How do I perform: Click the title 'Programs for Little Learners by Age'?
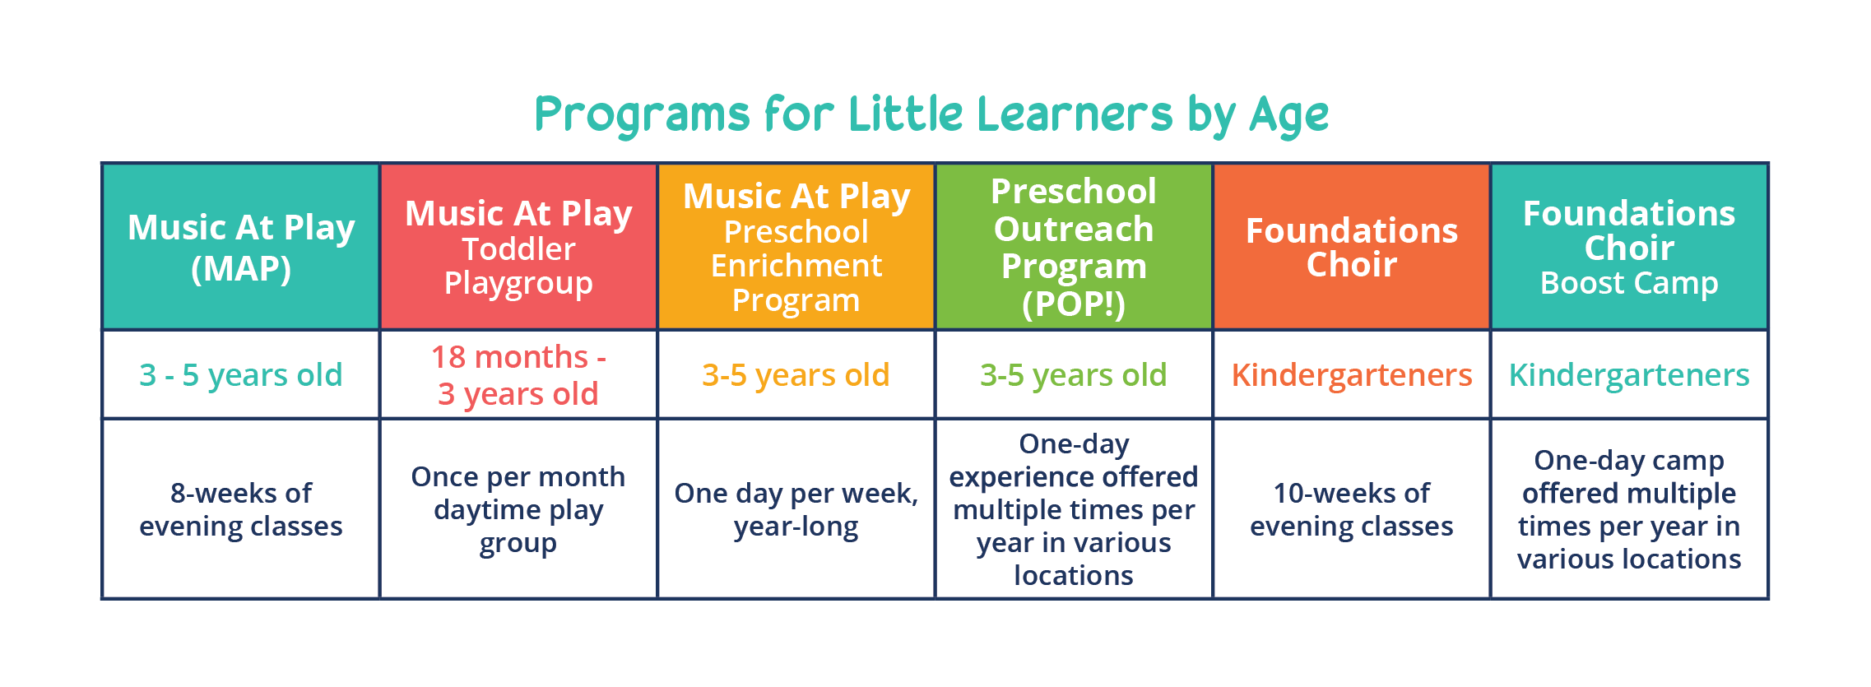931,115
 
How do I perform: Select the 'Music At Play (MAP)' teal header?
241,247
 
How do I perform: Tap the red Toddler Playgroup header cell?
518,247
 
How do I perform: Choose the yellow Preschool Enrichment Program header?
796,247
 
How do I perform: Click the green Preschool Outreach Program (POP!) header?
1074,247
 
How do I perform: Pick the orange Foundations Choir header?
1352,247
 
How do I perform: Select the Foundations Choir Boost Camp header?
1629,247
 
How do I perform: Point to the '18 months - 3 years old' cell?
518,375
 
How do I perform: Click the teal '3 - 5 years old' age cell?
241,375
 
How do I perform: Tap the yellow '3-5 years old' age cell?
796,375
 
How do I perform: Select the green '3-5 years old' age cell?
1074,375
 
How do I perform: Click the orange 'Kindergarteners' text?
1352,375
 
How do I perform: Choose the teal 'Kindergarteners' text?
1629,375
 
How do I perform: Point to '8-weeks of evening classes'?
241,509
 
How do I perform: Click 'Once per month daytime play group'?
518,509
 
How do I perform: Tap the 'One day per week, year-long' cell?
796,509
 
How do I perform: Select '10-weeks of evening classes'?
1352,509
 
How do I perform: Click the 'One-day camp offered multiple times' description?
1629,509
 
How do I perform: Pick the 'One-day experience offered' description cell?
1074,509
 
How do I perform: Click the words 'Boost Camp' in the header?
1629,283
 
